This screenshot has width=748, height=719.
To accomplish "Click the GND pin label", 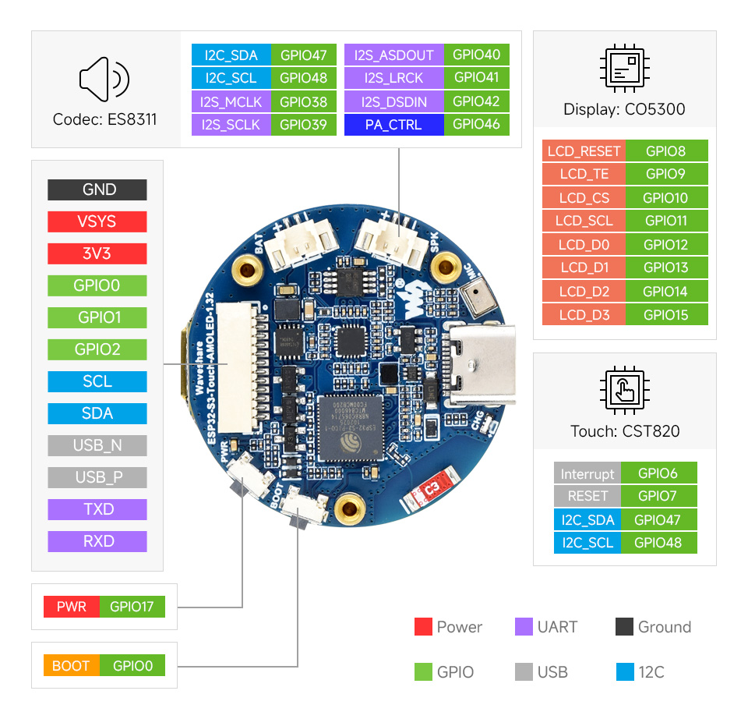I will (x=97, y=189).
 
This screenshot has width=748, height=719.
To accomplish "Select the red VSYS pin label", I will (x=97, y=221).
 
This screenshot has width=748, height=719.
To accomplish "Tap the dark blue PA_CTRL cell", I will (x=393, y=125).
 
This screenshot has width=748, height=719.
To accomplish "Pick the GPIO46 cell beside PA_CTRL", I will (x=476, y=125).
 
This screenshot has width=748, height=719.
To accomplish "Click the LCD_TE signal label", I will (x=584, y=174).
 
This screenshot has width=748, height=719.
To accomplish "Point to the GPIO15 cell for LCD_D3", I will (x=666, y=315).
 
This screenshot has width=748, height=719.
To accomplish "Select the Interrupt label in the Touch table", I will (x=587, y=473).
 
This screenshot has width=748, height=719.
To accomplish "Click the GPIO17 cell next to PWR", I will (x=132, y=607).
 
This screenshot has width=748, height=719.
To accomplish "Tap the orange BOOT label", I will (x=71, y=666).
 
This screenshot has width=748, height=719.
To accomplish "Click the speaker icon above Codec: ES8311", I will (x=104, y=79).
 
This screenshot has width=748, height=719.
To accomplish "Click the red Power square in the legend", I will (x=423, y=627).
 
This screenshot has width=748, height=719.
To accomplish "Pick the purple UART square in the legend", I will (x=524, y=627).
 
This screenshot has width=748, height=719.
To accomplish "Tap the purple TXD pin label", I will (x=97, y=509).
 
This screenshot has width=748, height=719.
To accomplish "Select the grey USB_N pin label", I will (x=97, y=445).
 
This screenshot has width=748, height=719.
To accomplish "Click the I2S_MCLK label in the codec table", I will (x=231, y=101).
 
